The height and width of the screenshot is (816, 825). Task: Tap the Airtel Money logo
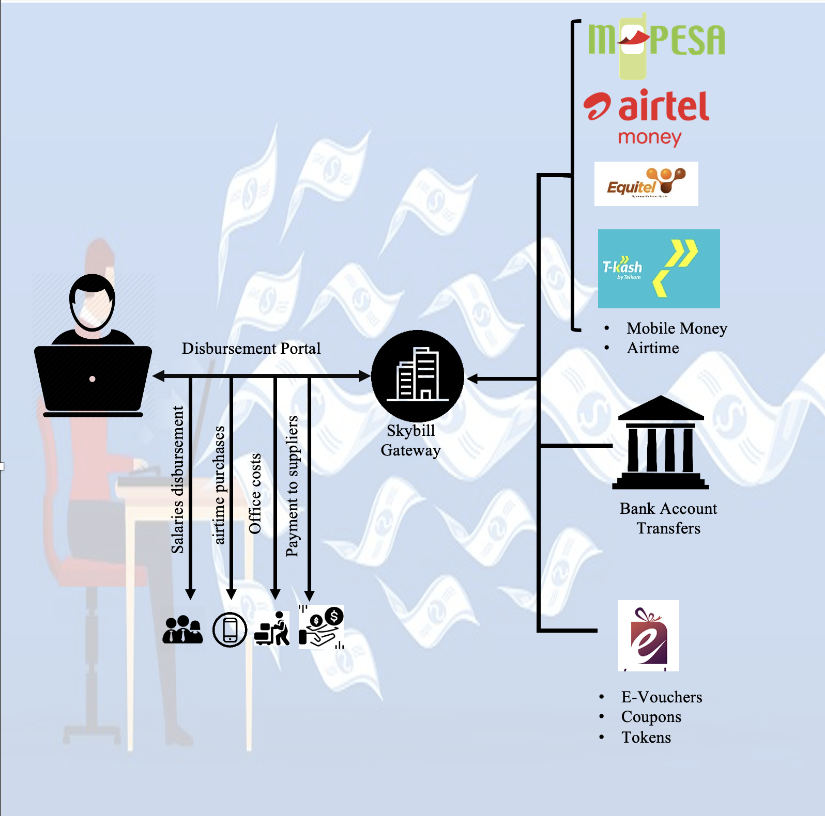pyautogui.click(x=647, y=117)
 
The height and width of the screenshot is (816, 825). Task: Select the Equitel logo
pyautogui.click(x=646, y=184)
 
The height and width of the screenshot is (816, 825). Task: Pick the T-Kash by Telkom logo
pyautogui.click(x=659, y=269)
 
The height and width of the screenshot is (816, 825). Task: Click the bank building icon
pyautogui.click(x=661, y=443)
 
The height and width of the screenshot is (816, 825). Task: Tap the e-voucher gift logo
pyautogui.click(x=649, y=635)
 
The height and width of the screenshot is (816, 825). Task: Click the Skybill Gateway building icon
pyautogui.click(x=418, y=375)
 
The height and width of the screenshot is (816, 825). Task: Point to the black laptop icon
pyautogui.click(x=93, y=380)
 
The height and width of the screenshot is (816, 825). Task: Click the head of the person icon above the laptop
pyautogui.click(x=92, y=303)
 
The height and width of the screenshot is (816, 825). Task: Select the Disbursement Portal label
pyautogui.click(x=251, y=349)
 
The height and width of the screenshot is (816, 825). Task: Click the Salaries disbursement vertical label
pyautogui.click(x=177, y=480)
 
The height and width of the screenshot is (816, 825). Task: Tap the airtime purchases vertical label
pyautogui.click(x=219, y=485)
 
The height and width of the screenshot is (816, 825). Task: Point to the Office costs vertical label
pyautogui.click(x=255, y=494)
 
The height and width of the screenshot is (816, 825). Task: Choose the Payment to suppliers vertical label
pyautogui.click(x=292, y=486)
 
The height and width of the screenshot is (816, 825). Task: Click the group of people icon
pyautogui.click(x=182, y=630)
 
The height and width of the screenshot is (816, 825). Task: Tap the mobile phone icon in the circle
pyautogui.click(x=230, y=630)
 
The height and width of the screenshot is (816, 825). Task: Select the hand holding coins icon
pyautogui.click(x=321, y=627)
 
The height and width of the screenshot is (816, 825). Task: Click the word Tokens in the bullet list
pyautogui.click(x=646, y=737)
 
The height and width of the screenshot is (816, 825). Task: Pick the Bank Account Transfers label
pyautogui.click(x=668, y=519)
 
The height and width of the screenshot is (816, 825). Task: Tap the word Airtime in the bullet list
pyautogui.click(x=653, y=348)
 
